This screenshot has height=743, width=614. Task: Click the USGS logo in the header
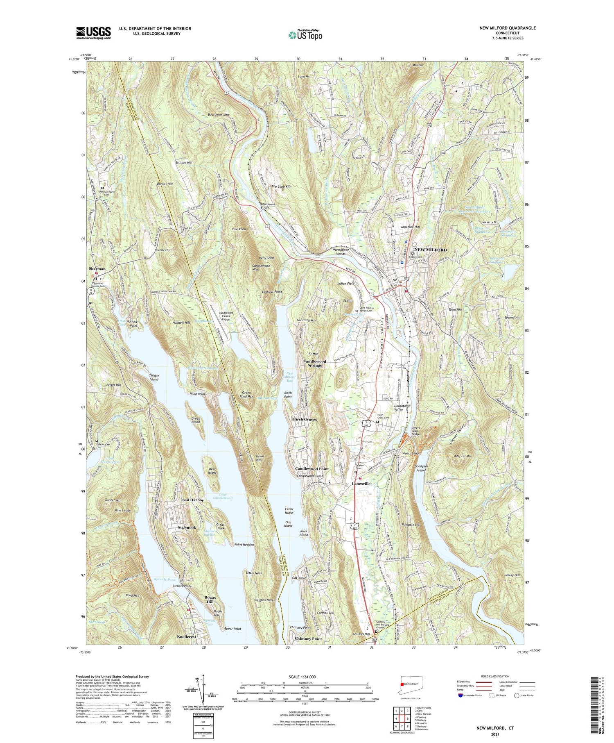coord(93,33)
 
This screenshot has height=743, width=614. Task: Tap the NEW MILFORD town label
coord(430,250)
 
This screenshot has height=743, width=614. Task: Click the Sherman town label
coord(97,268)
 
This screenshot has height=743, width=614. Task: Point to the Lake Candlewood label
coord(223,496)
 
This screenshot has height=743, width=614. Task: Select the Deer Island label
coord(212,470)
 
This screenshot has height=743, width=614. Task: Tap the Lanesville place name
coord(361,484)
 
